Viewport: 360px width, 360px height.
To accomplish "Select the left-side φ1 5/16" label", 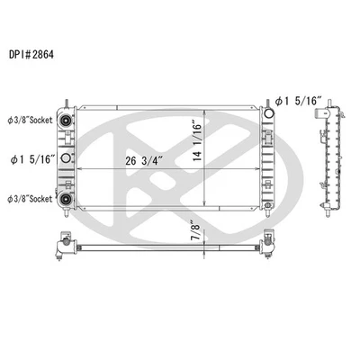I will [34, 160].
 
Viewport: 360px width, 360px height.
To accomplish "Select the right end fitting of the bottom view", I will [267, 242].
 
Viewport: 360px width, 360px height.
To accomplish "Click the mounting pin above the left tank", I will [67, 102].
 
